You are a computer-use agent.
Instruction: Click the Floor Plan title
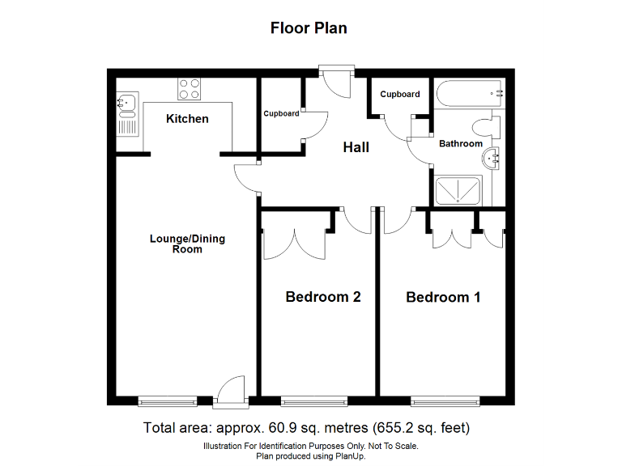coord(309,28)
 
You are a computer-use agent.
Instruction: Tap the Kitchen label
coord(187,119)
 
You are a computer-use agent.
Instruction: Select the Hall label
coord(356,147)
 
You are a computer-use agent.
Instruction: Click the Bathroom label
coord(460,144)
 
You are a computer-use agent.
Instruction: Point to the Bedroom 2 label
coord(322,297)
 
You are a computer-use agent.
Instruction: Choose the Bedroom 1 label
coord(443,297)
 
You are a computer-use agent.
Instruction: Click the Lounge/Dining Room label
coord(187,244)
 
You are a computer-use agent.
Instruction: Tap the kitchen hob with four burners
coord(190,88)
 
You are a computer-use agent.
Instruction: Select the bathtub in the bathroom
coord(468,94)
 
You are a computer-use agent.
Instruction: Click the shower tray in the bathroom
coord(459,191)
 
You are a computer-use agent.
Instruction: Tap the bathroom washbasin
coord(492,159)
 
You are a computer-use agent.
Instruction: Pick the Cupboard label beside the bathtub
coord(400,94)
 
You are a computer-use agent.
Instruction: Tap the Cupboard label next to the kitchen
coord(281,113)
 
